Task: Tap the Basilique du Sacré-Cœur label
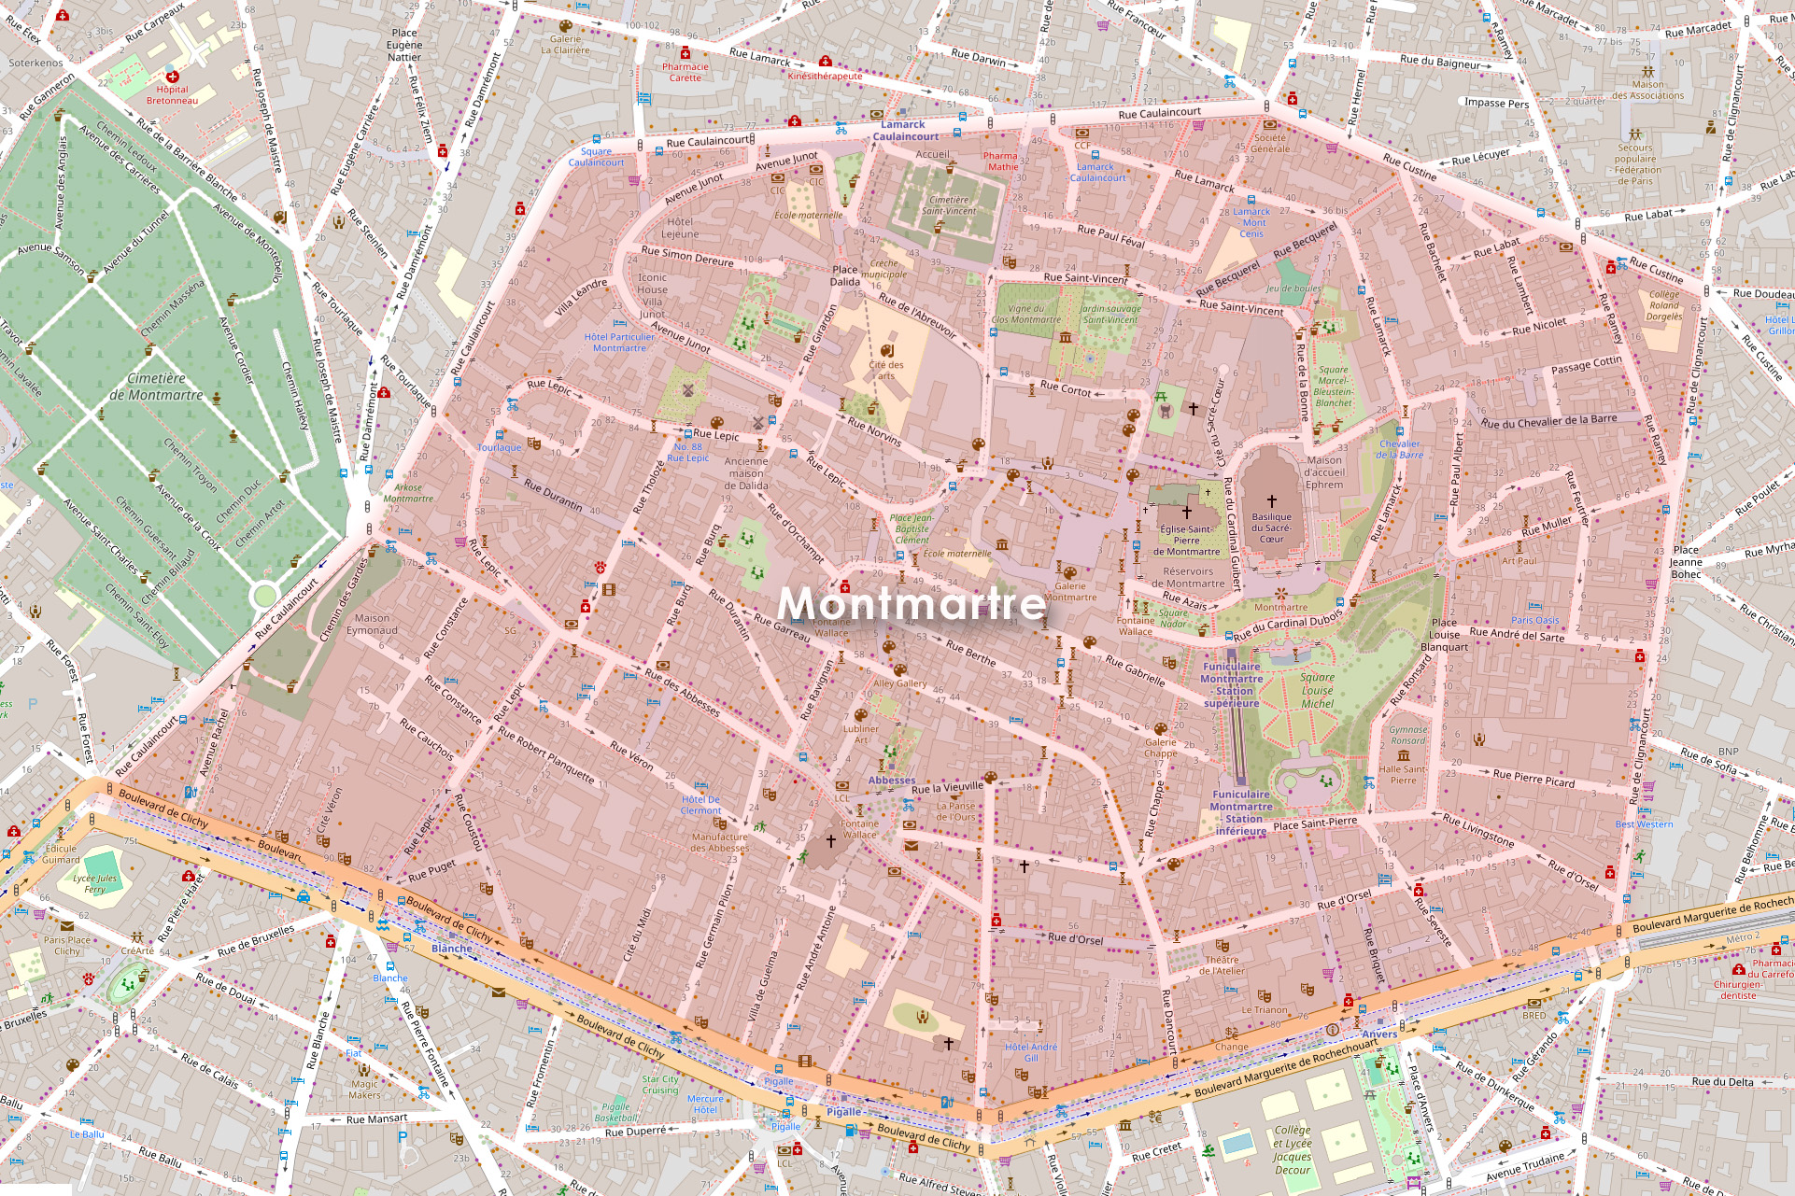(x=1271, y=528)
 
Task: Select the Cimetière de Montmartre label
(x=156, y=387)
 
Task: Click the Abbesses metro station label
(x=891, y=781)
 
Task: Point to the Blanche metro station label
(x=451, y=949)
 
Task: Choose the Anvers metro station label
(x=1378, y=1034)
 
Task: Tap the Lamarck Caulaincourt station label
(x=904, y=131)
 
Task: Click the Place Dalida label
(x=844, y=275)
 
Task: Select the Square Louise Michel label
(x=1317, y=690)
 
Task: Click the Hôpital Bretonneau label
(x=172, y=94)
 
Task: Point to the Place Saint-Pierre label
(x=1314, y=823)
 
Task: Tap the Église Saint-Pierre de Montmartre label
(x=1186, y=540)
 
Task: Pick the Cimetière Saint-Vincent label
(x=949, y=205)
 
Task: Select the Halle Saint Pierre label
(x=1402, y=775)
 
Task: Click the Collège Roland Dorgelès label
(x=1663, y=305)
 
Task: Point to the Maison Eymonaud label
(x=372, y=624)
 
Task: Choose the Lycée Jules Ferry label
(x=94, y=883)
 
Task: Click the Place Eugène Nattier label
(x=404, y=45)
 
